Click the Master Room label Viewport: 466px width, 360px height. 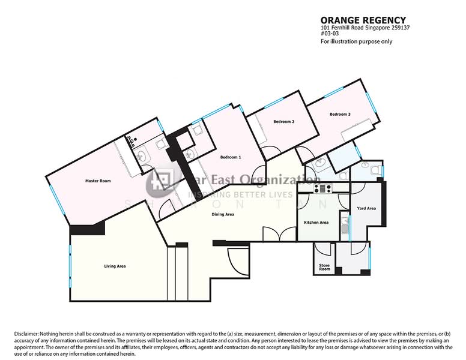click(x=98, y=181)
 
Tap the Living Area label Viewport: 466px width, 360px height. click(x=115, y=266)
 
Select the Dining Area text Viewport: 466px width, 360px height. click(x=223, y=214)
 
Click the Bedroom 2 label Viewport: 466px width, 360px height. click(x=283, y=122)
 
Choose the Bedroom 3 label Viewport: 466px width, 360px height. click(x=340, y=114)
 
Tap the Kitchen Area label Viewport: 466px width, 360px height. click(x=316, y=223)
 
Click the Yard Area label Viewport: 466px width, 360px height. click(x=366, y=209)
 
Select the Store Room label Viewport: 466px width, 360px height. click(x=324, y=267)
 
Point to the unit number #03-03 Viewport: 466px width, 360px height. click(x=328, y=34)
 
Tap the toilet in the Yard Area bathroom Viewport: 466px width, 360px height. click(x=376, y=172)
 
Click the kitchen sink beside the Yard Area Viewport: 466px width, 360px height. click(x=344, y=226)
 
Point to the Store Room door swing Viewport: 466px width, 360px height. click(x=324, y=251)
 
